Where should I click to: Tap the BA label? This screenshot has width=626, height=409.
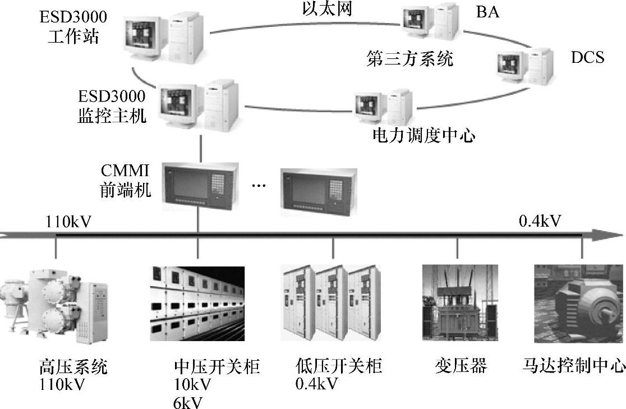tap(487, 12)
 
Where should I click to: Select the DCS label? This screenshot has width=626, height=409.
tap(587, 57)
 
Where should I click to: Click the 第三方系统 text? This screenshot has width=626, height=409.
tap(409, 59)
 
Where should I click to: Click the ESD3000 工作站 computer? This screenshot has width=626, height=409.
tap(163, 36)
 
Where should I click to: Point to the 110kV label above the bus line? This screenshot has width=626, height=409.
tap(68, 223)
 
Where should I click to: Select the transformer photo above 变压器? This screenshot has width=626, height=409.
tap(459, 302)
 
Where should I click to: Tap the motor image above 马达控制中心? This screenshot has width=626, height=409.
tap(579, 303)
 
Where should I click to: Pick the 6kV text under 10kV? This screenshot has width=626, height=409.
tap(188, 402)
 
